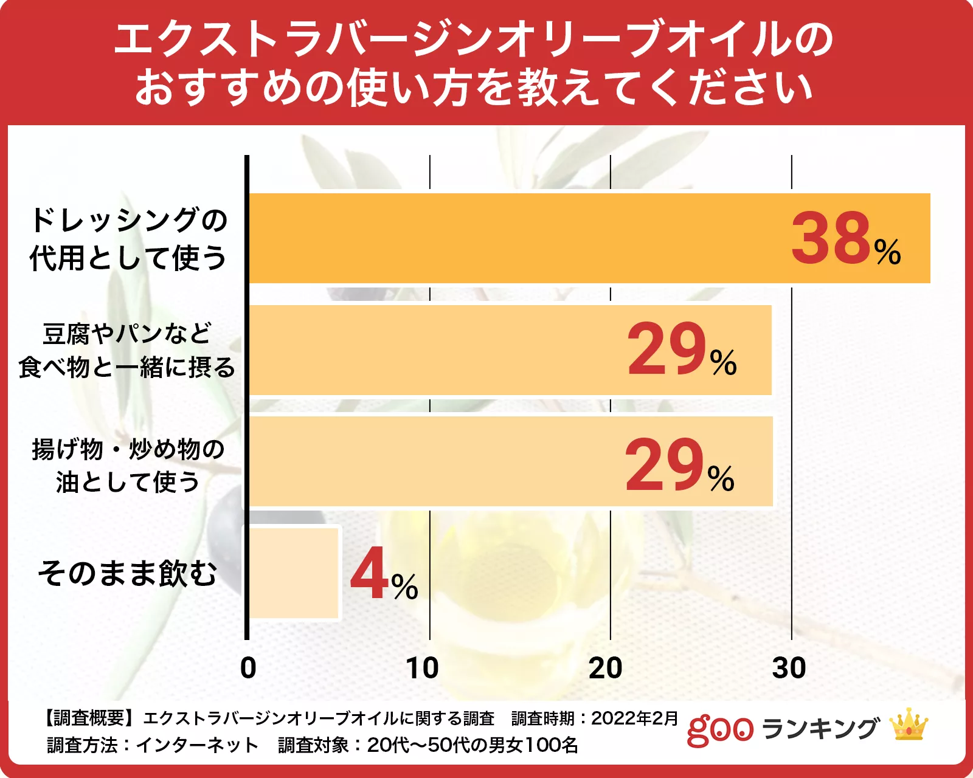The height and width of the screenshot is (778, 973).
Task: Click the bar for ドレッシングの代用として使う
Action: click(x=517, y=238)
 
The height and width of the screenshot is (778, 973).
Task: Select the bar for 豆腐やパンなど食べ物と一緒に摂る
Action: click(x=438, y=351)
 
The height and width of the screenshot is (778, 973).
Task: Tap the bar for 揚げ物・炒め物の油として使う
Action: click(x=438, y=462)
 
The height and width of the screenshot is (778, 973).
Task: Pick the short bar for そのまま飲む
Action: click(x=294, y=573)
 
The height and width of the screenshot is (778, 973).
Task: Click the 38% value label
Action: click(x=845, y=238)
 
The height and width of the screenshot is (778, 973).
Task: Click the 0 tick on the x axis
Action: click(x=248, y=669)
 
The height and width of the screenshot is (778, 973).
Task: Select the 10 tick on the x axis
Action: click(x=423, y=669)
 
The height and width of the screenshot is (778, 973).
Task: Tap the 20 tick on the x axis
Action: click(x=606, y=669)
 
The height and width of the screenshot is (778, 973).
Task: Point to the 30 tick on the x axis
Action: click(x=789, y=669)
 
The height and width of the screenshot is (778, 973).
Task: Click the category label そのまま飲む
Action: click(x=128, y=573)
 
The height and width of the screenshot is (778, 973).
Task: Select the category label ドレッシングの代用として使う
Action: click(x=128, y=238)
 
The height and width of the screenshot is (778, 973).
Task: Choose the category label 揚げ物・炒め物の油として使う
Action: click(x=128, y=466)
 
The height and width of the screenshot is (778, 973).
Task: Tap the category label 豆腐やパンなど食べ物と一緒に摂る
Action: click(x=127, y=351)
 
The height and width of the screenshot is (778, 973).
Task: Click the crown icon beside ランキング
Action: click(x=909, y=725)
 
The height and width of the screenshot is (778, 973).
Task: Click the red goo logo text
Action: click(x=720, y=730)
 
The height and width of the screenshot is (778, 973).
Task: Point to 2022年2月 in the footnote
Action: click(x=634, y=718)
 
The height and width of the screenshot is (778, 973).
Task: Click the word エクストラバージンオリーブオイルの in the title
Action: click(x=474, y=40)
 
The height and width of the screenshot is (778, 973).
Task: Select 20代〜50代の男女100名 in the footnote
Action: click(x=473, y=745)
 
